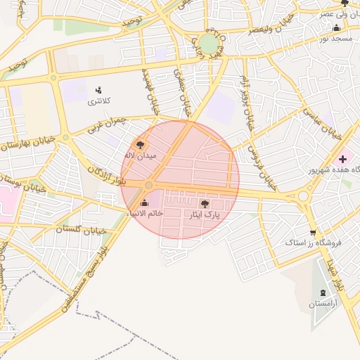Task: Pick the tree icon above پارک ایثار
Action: (205, 204)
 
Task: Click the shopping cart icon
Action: (312, 232)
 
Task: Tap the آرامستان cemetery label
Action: (323, 304)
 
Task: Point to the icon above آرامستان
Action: (323, 292)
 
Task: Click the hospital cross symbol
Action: (342, 160)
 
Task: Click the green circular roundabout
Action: (208, 44)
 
